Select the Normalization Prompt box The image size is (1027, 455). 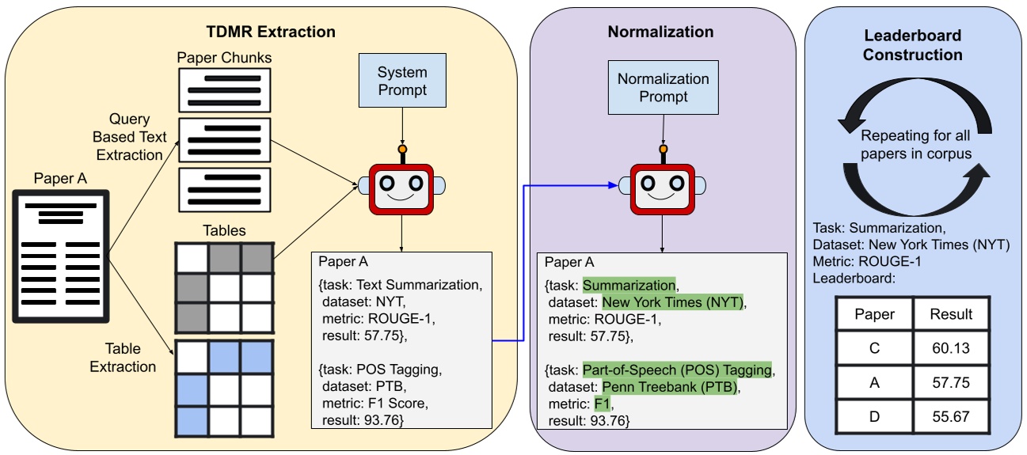663,88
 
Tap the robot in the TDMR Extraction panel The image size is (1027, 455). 401,188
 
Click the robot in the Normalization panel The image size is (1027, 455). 662,188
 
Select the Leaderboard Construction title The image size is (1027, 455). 912,45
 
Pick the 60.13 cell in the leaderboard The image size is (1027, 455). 951,347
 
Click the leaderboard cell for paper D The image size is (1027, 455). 874,415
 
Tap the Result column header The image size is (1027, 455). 951,314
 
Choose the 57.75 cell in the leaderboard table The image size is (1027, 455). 951,381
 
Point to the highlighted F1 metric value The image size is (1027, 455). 603,404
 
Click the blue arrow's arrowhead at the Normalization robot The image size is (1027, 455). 613,185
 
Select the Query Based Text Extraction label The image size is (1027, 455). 130,137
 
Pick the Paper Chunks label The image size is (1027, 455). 224,58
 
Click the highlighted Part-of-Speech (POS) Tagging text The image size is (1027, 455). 678,370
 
